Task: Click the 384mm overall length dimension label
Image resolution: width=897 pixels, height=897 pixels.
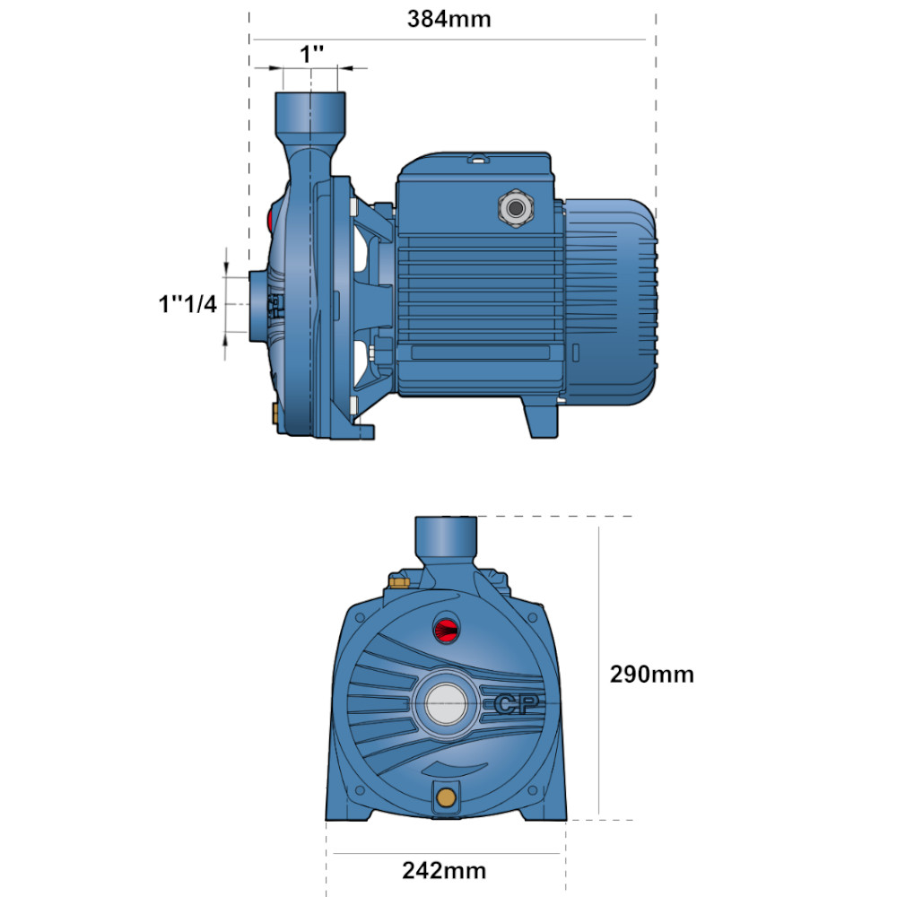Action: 449,20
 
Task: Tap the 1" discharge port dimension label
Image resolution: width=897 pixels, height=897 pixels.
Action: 312,55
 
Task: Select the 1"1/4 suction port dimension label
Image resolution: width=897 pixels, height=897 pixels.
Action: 187,304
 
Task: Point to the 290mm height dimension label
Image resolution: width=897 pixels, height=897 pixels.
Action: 651,675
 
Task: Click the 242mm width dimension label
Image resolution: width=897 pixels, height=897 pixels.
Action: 444,871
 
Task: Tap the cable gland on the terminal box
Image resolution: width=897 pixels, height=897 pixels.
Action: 516,209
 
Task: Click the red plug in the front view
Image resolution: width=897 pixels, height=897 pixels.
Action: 446,630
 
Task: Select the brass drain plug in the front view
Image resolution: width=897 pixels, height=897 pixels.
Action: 446,797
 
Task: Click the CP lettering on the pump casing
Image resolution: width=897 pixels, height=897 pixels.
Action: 516,704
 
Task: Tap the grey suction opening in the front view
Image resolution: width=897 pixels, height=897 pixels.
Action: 446,704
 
